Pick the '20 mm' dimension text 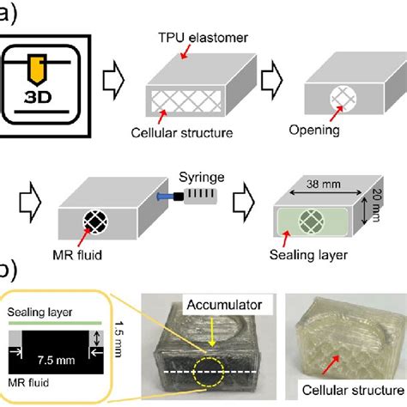point(387,207)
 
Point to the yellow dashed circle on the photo point(210,375)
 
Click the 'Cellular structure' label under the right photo point(349,393)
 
